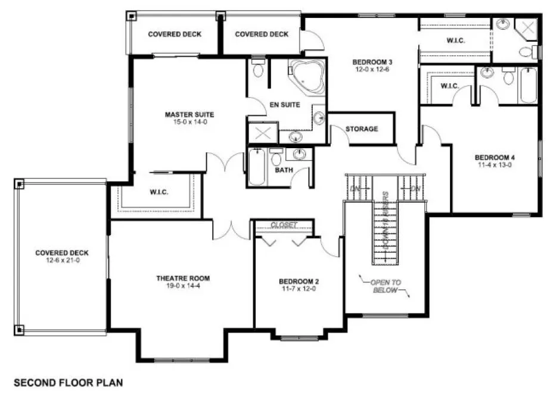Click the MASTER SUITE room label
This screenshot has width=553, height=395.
click(x=189, y=114)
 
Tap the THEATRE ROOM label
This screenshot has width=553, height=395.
click(x=183, y=278)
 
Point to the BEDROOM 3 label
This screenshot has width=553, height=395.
click(x=372, y=62)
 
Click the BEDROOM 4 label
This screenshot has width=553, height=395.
click(x=495, y=158)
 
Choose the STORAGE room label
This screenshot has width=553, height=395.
click(x=362, y=129)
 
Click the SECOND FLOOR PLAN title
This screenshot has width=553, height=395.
click(x=68, y=382)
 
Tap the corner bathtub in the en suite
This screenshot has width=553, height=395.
click(x=306, y=76)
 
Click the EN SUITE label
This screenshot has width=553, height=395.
click(x=285, y=105)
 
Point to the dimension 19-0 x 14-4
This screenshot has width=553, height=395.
click(x=183, y=286)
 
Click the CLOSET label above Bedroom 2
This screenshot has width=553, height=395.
click(x=284, y=225)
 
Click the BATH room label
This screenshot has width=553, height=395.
click(x=284, y=170)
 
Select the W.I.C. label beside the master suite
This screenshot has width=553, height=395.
click(x=159, y=192)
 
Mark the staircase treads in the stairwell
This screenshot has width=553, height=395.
click(x=386, y=232)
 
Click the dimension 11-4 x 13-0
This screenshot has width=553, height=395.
click(x=495, y=165)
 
